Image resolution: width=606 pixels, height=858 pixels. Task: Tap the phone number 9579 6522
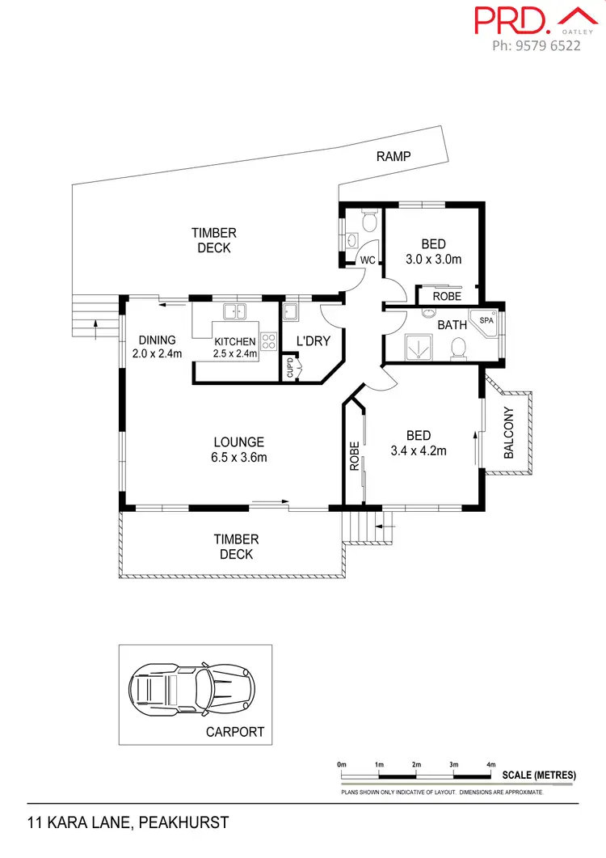(x=537, y=46)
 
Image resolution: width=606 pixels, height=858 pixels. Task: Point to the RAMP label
(x=393, y=156)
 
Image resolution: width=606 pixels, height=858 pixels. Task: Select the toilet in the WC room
(x=369, y=220)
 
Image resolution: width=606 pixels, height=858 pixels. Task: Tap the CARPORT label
(x=234, y=732)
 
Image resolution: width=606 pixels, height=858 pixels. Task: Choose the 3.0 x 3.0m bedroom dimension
(x=433, y=260)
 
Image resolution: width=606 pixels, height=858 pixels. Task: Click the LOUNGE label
(x=238, y=442)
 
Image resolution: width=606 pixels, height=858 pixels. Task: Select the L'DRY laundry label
(x=313, y=341)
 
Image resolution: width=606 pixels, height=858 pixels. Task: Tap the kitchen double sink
(x=235, y=311)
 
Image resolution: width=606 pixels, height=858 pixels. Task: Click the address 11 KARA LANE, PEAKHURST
(x=128, y=823)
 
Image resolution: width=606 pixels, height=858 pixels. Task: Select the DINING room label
(x=157, y=340)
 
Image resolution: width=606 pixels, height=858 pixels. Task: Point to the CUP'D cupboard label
(x=290, y=369)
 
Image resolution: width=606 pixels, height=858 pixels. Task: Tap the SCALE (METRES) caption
(x=539, y=776)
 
